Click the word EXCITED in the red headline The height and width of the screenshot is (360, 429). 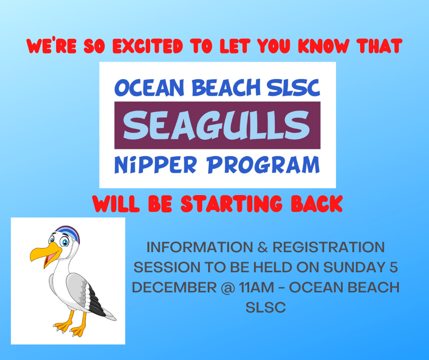point(147,46)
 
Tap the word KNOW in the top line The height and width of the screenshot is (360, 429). point(323,46)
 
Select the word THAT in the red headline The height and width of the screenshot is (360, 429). point(379,46)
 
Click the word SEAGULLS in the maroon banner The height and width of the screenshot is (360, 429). point(216,126)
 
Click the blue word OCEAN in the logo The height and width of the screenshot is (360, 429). point(149,88)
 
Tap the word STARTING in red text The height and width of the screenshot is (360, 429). point(231,204)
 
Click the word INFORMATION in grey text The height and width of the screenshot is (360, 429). point(200,247)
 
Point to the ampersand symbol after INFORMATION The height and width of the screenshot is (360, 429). point(263,247)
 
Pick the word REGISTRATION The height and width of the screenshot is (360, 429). point(329,247)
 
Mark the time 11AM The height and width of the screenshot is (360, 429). point(256,287)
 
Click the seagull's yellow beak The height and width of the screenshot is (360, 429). point(46,254)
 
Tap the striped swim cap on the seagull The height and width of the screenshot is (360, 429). point(69,233)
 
